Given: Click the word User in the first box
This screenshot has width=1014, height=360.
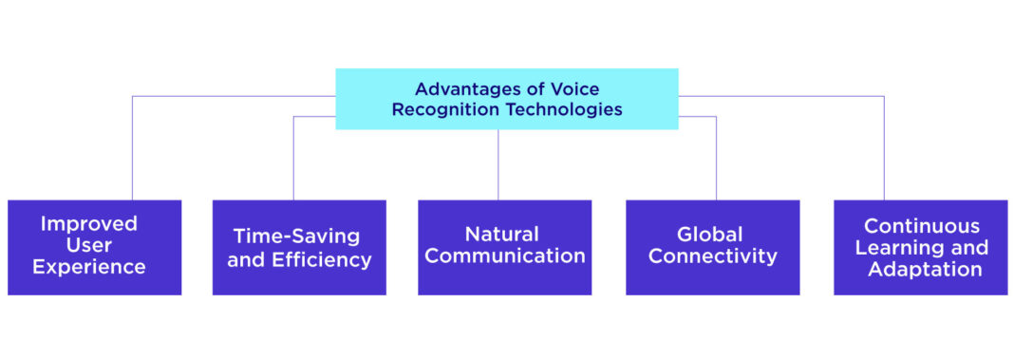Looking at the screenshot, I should (x=94, y=245).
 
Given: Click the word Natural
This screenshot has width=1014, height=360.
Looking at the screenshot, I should (x=503, y=234).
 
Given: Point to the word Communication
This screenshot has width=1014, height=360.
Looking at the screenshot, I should (x=504, y=256).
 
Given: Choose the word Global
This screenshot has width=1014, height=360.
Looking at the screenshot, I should (x=713, y=234).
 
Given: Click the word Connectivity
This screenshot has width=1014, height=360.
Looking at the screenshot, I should (x=713, y=256).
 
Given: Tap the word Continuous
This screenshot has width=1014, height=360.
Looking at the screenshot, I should (x=921, y=226).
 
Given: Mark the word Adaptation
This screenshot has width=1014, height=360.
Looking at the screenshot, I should (x=921, y=270).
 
